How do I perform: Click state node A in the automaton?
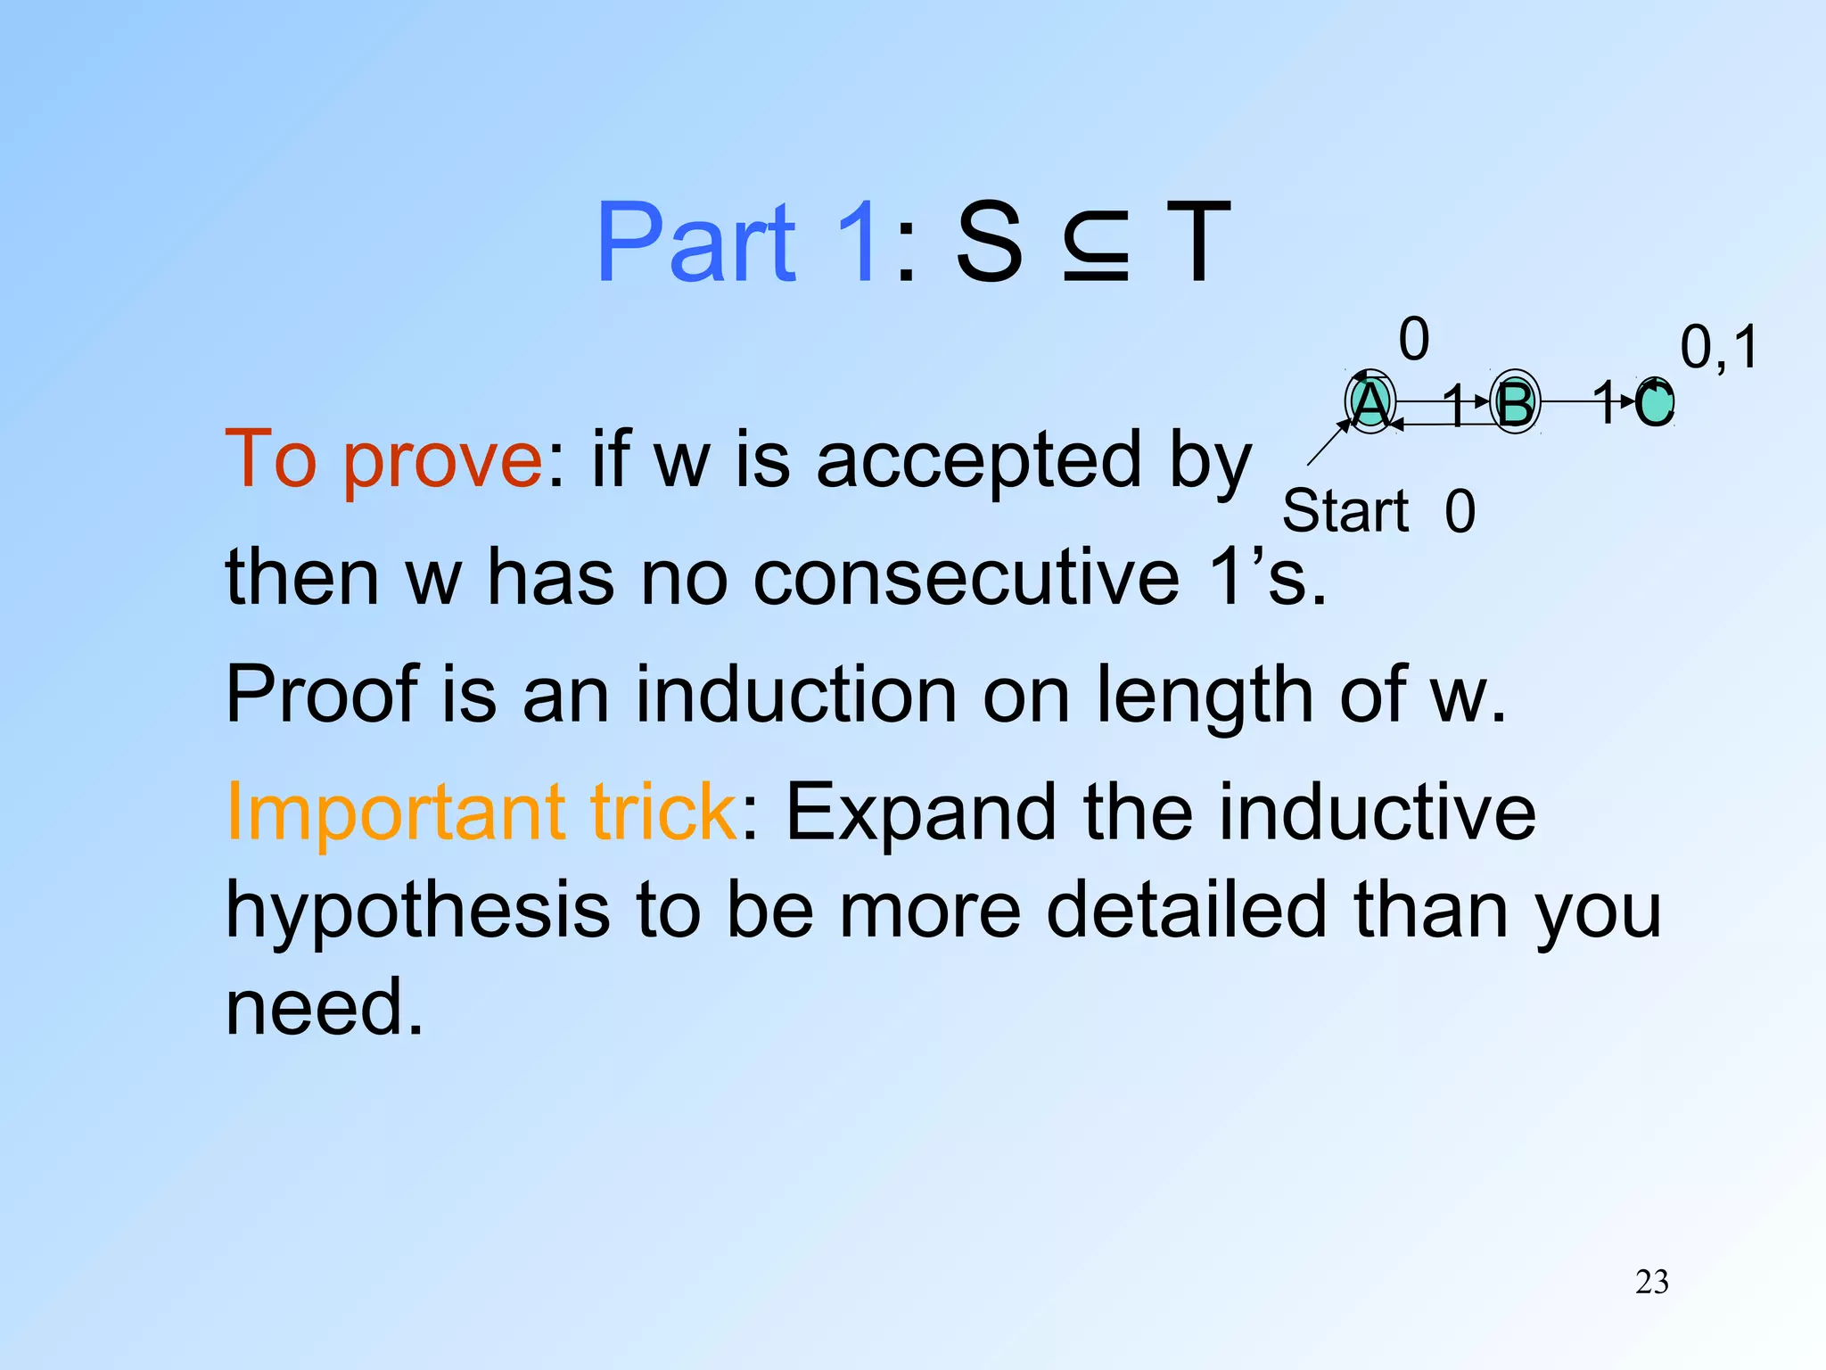click(1370, 403)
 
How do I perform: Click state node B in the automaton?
click(1515, 403)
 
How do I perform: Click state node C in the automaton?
click(1655, 403)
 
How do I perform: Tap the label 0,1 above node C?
click(1719, 347)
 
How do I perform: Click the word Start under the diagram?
click(1345, 511)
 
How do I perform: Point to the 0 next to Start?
click(1460, 511)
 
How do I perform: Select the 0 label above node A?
click(1414, 339)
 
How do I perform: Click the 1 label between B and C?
click(1605, 401)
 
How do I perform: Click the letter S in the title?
click(989, 243)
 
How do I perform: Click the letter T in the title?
click(1198, 243)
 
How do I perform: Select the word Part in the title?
click(696, 243)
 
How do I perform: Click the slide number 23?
click(1651, 1282)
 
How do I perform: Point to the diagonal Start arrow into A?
click(1328, 442)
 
